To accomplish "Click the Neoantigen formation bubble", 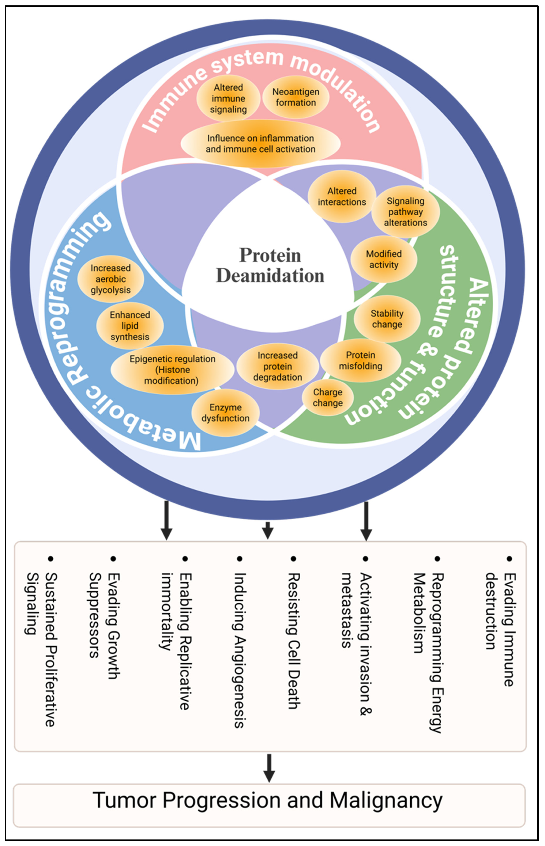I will (x=296, y=97).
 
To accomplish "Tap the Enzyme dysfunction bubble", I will (x=226, y=413).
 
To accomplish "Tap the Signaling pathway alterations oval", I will (x=406, y=211).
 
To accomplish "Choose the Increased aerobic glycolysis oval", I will (x=110, y=279).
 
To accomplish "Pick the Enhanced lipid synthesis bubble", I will (x=130, y=326).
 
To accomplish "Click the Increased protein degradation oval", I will (x=277, y=366).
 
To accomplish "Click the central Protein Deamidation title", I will (x=270, y=265).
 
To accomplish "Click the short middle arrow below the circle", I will (x=268, y=530).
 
